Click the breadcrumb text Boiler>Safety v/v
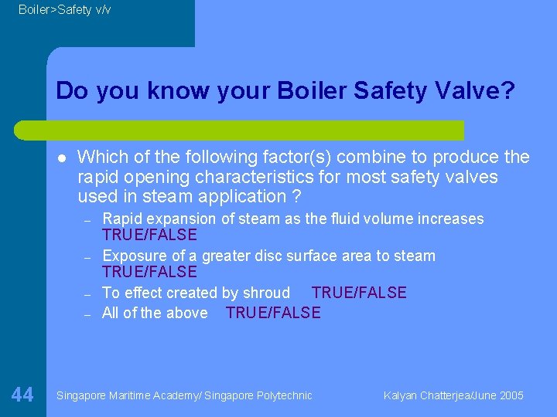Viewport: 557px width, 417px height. click(65, 10)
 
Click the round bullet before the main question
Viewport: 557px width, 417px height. click(61, 158)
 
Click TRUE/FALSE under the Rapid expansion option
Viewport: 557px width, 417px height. click(149, 235)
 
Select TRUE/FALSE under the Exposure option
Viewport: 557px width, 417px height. click(149, 272)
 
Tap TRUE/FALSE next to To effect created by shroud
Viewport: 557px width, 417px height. click(358, 293)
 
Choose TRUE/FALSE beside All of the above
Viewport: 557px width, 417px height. click(273, 313)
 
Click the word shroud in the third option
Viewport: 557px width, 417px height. click(265, 293)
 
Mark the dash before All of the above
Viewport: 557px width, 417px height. click(88, 314)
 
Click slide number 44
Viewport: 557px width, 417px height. click(22, 395)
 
